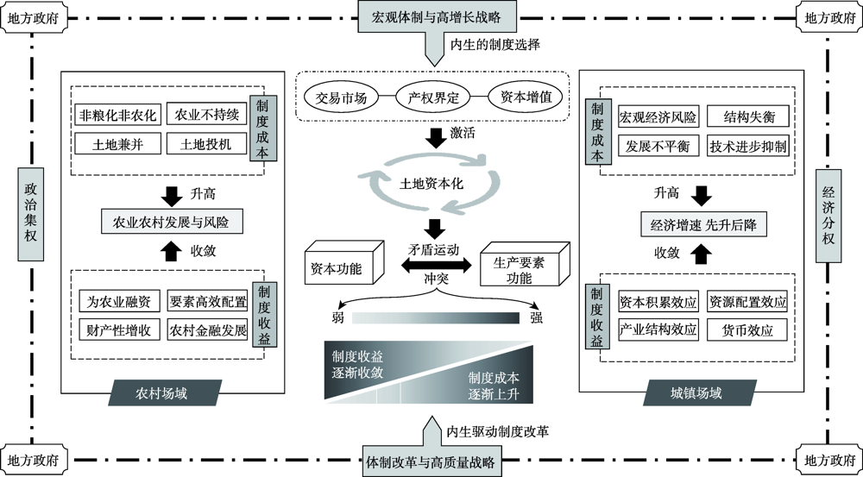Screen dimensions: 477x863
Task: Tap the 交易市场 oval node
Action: tap(341, 98)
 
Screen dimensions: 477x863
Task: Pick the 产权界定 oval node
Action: tap(430, 98)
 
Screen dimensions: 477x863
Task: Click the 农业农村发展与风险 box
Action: tap(173, 222)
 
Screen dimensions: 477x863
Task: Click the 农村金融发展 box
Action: tap(207, 330)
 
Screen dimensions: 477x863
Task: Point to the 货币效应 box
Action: tap(747, 330)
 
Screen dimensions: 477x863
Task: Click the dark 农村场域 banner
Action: tap(162, 393)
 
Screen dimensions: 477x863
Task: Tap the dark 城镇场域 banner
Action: tap(695, 393)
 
